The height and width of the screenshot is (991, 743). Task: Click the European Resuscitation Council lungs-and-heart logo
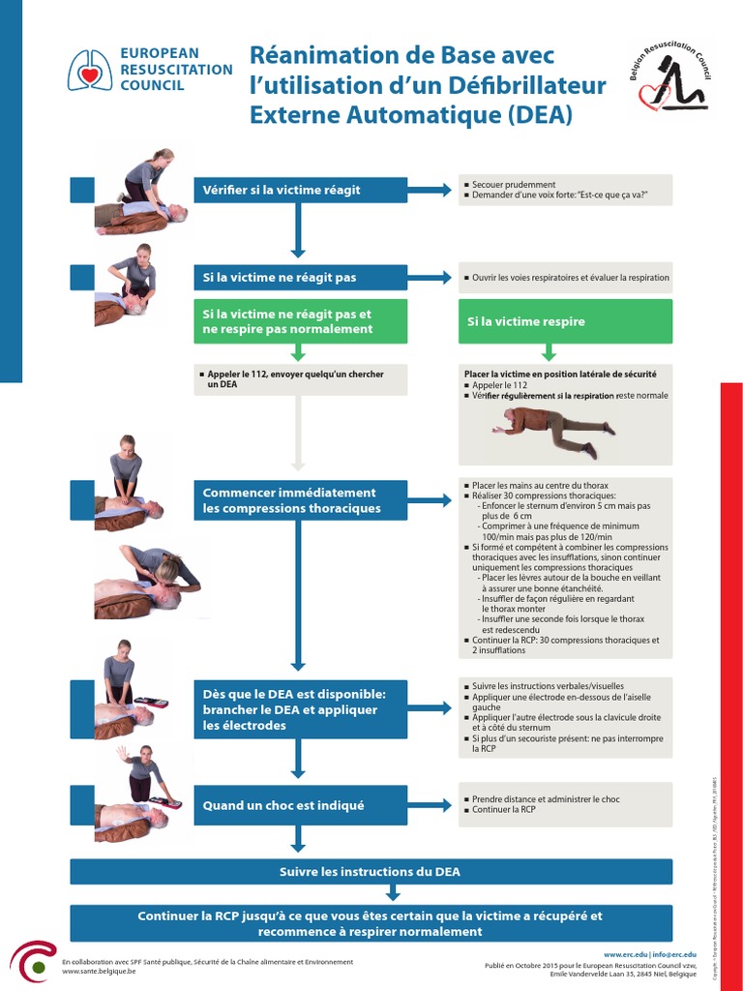point(90,70)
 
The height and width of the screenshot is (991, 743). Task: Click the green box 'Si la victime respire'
point(565,321)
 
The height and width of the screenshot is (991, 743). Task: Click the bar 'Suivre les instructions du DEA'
point(371,872)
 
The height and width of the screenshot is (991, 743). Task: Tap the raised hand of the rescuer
point(122,752)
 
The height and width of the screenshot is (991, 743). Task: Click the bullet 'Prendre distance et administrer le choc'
point(546,799)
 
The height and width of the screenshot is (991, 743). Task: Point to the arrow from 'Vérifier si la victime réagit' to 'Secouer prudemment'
point(430,190)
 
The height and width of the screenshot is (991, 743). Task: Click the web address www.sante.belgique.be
point(99,972)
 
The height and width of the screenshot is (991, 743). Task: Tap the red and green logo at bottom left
point(33,963)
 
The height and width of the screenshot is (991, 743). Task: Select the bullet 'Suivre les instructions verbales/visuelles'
point(548,686)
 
